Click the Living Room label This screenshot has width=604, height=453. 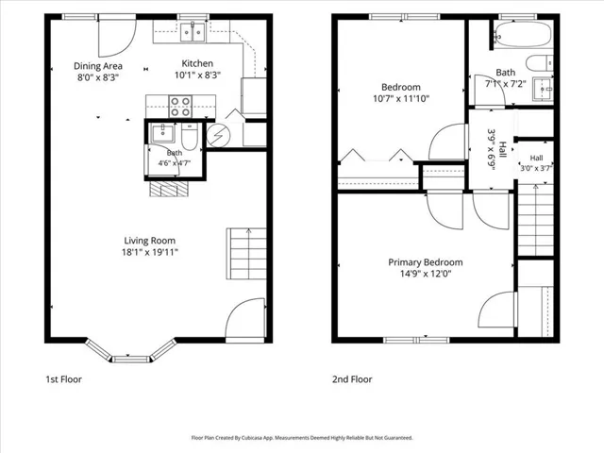149,241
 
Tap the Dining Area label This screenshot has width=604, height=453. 98,66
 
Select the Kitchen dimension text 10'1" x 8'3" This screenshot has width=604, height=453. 197,75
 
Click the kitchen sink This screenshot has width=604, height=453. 193,31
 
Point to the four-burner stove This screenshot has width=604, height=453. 180,107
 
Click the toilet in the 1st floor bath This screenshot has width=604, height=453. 190,136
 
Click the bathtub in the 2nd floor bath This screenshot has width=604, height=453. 523,34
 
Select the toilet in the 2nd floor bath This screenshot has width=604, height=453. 539,63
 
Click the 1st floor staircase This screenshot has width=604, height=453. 246,254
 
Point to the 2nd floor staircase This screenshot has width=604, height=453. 535,220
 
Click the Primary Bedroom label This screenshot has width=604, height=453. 426,262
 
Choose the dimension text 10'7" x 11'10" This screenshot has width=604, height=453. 401,98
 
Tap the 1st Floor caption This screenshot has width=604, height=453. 63,379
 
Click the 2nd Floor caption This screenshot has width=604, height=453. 352,379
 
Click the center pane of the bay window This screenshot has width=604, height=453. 130,360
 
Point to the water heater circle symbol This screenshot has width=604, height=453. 218,136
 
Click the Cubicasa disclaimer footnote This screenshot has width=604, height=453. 302,438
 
